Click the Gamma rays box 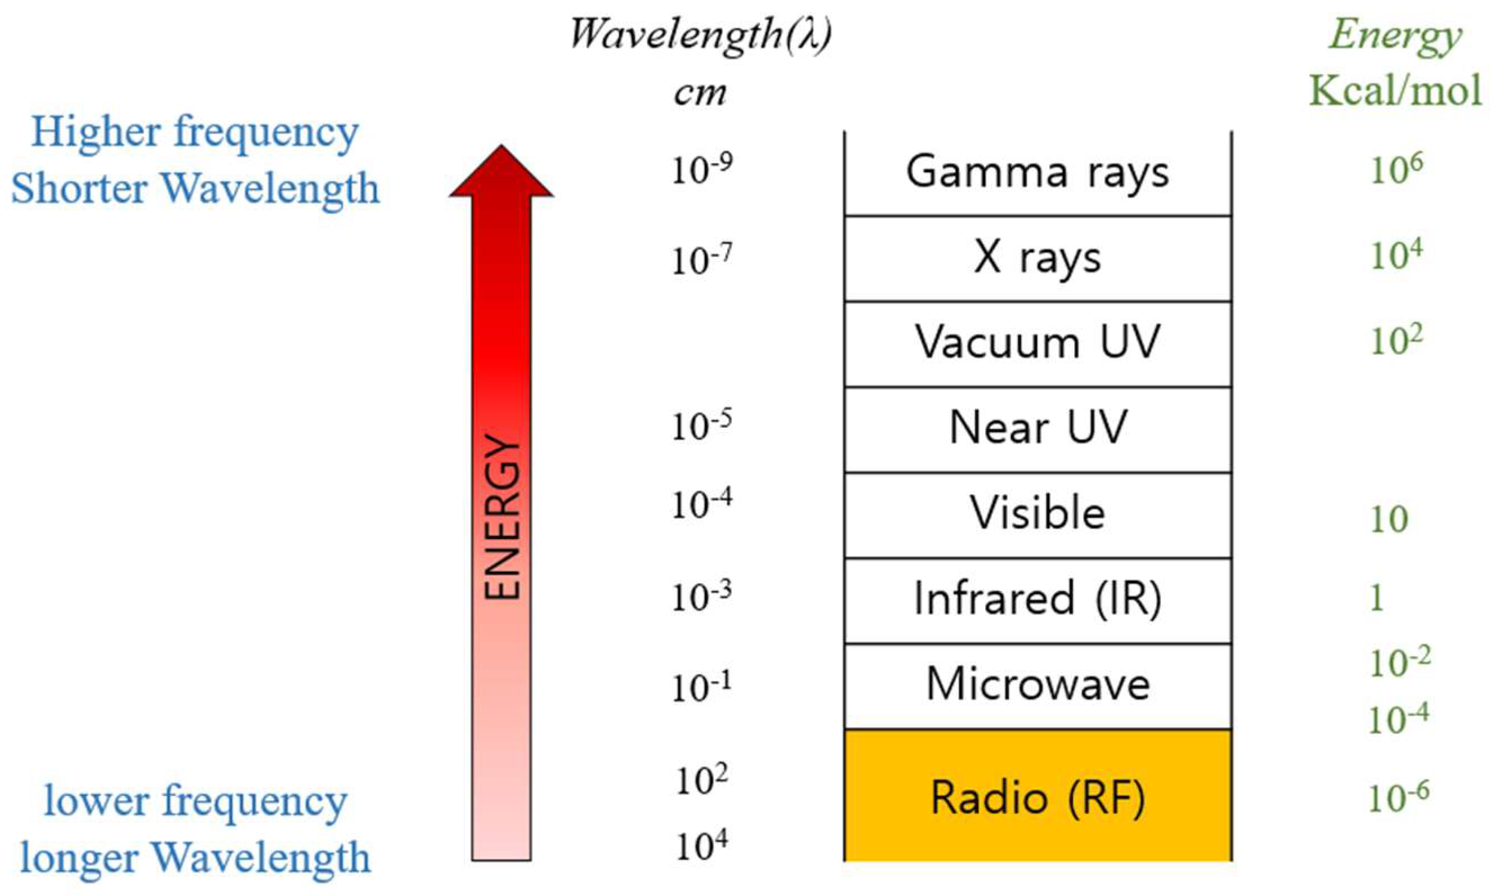click(x=1037, y=173)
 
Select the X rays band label click(x=1037, y=259)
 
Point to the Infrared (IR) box click(x=1037, y=599)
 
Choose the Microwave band click(x=1037, y=686)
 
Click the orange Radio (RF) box click(x=1037, y=797)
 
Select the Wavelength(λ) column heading click(x=700, y=35)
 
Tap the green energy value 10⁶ click(x=1395, y=169)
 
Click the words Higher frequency click(x=194, y=133)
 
